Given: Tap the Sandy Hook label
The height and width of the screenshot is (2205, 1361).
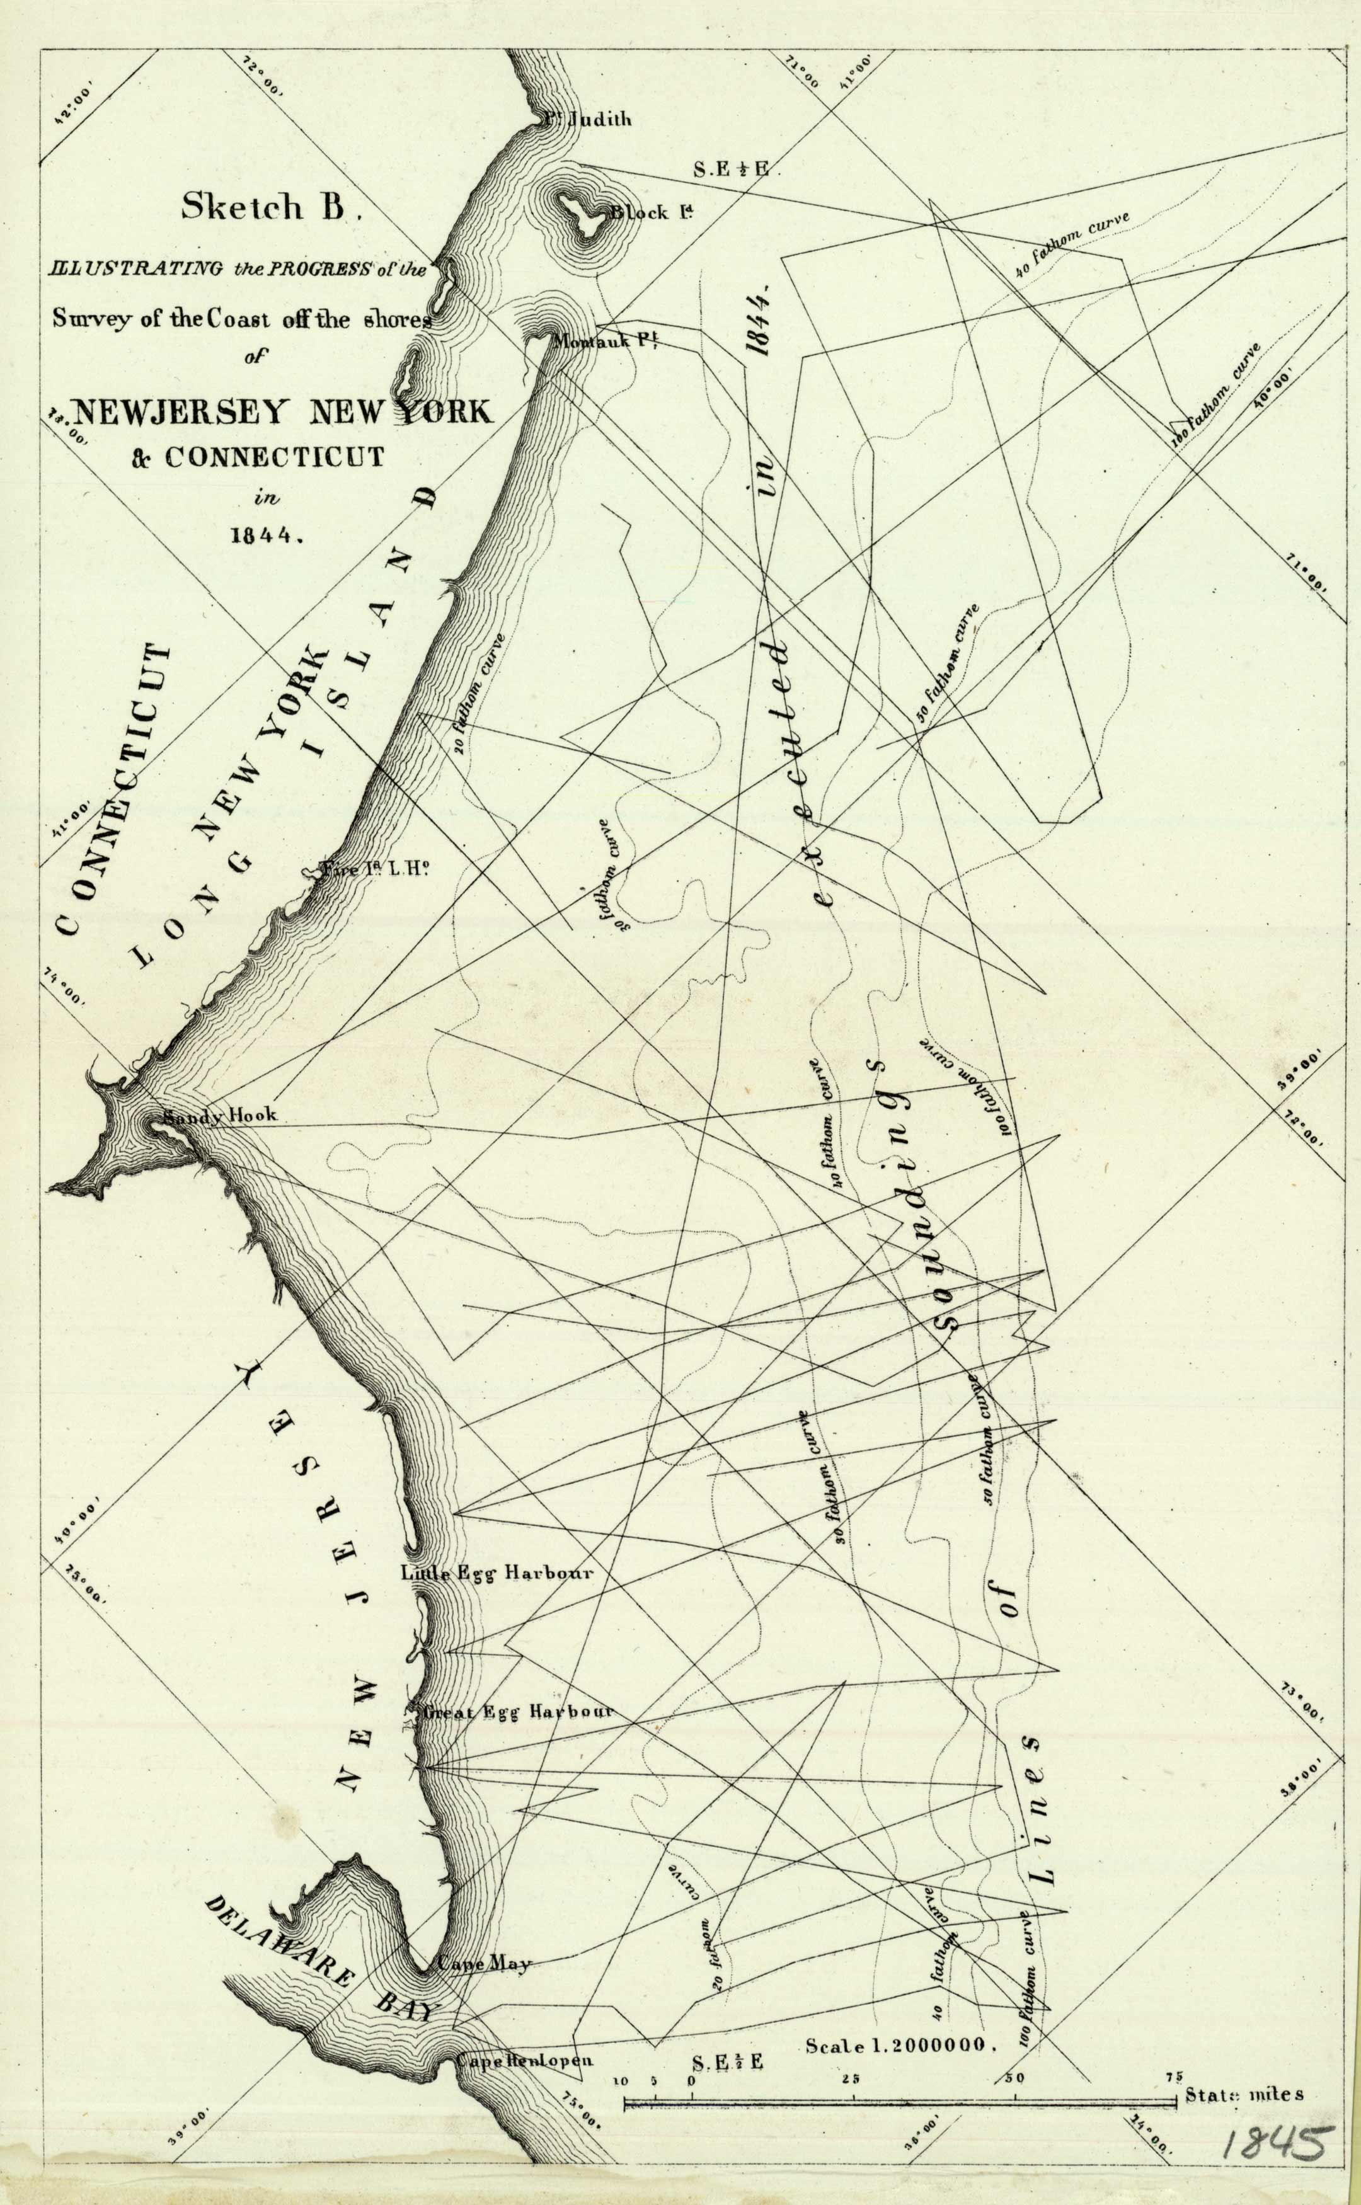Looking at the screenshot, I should (x=220, y=1115).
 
